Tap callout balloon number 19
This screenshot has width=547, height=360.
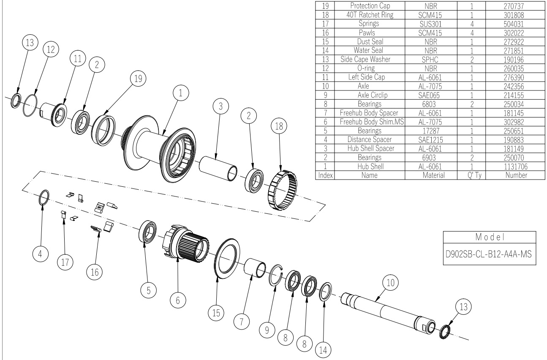tap(137, 78)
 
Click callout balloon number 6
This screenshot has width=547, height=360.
tap(177, 300)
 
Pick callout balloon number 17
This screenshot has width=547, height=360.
tap(65, 262)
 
